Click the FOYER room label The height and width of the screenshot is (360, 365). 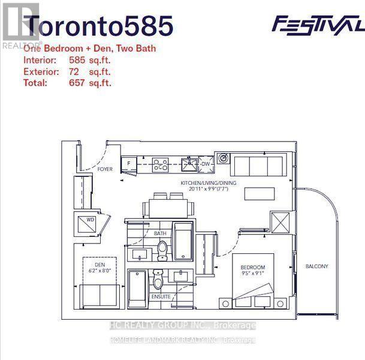105,170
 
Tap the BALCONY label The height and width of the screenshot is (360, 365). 316,266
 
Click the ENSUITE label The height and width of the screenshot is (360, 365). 161,297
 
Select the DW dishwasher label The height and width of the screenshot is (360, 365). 205,163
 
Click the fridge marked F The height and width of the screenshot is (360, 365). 128,163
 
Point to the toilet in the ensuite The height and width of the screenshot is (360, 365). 158,280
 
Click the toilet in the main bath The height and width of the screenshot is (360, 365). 161,249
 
